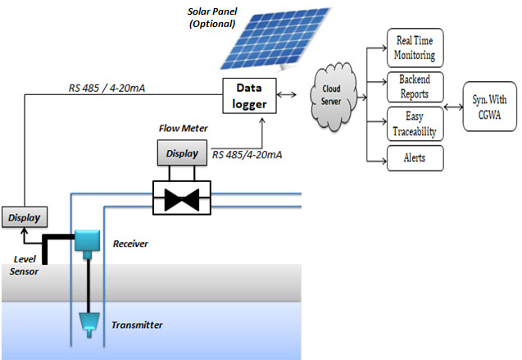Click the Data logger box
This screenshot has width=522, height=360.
click(251, 96)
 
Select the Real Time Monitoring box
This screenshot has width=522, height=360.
click(415, 50)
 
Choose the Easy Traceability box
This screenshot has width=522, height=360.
click(415, 122)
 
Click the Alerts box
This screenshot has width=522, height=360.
click(415, 157)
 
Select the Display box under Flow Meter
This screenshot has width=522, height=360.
click(182, 153)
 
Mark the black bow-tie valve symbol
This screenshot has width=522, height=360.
click(182, 198)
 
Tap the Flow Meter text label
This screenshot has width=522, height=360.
click(182, 128)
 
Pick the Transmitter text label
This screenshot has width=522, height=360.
click(137, 326)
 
